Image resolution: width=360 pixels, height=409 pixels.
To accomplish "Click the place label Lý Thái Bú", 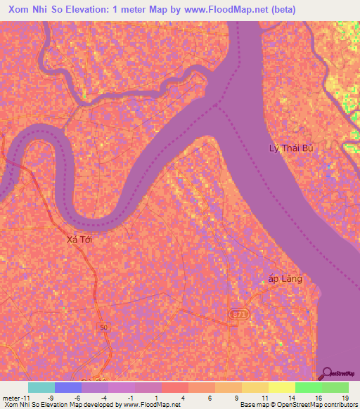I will click(291, 148).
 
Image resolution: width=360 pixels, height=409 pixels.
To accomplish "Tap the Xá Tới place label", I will click(79, 240).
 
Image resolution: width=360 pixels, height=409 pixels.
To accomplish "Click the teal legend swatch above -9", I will click(41, 387).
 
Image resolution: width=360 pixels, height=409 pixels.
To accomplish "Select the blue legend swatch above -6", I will click(67, 387).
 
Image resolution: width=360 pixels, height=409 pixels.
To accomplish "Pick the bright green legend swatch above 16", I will click(308, 387).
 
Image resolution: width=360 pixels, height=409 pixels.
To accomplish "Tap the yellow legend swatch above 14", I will click(281, 387).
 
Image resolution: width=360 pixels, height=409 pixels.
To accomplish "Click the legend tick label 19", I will click(345, 398).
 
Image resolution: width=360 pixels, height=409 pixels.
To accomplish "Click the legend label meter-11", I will click(15, 398).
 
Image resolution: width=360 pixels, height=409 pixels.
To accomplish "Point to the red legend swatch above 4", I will click(174, 387).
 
